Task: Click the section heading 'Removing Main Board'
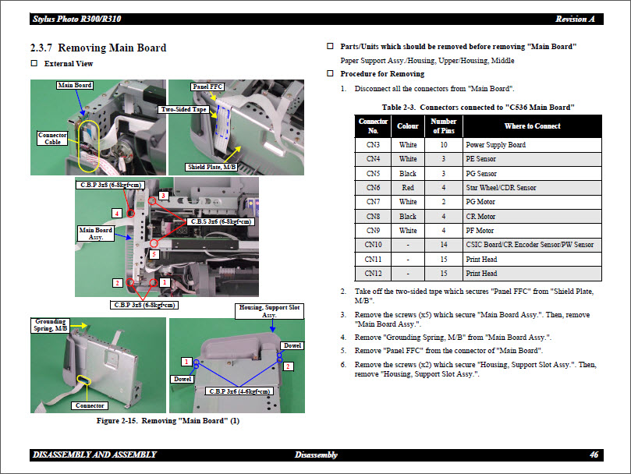click(x=97, y=48)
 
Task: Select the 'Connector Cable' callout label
click(x=52, y=139)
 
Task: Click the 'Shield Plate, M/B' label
click(x=211, y=167)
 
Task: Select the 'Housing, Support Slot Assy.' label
click(x=269, y=311)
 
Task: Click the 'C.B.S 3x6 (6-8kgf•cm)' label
click(x=221, y=221)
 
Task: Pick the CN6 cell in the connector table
click(x=373, y=188)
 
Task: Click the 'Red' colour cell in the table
click(x=407, y=188)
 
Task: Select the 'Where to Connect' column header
click(x=532, y=126)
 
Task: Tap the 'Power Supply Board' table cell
click(x=495, y=145)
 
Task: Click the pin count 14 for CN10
click(x=444, y=245)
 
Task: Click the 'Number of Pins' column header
click(x=444, y=126)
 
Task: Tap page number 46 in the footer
click(x=594, y=455)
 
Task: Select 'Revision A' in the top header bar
click(x=576, y=19)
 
